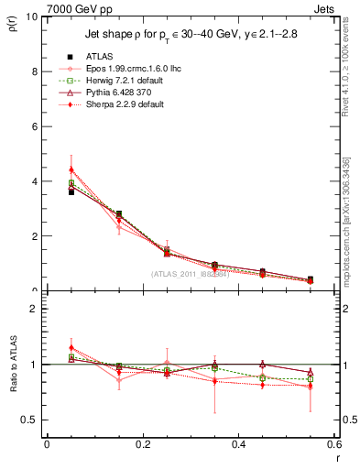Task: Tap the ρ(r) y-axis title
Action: pos(14,27)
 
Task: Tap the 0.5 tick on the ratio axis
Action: pos(29,420)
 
